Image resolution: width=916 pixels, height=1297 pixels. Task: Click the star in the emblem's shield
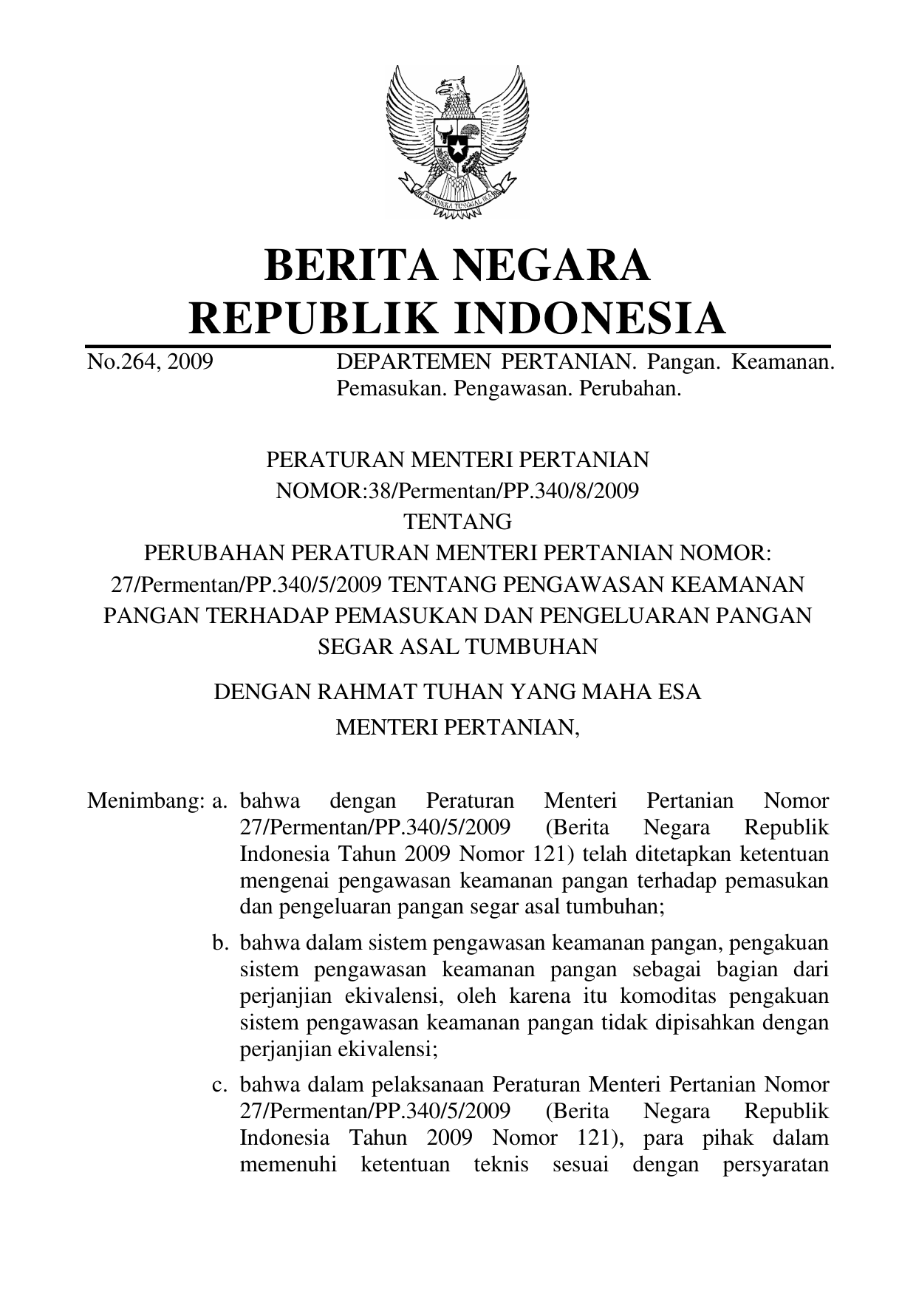tap(458, 149)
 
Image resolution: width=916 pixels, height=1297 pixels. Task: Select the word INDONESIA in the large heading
tap(589, 319)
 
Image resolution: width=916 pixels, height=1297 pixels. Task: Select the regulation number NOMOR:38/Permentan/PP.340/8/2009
tap(457, 491)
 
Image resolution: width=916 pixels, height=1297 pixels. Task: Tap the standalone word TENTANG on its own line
tap(457, 522)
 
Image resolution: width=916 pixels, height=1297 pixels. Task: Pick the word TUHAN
tap(462, 692)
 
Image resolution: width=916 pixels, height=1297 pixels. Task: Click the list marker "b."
tap(219, 944)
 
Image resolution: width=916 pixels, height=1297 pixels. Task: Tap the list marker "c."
tap(219, 1086)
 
